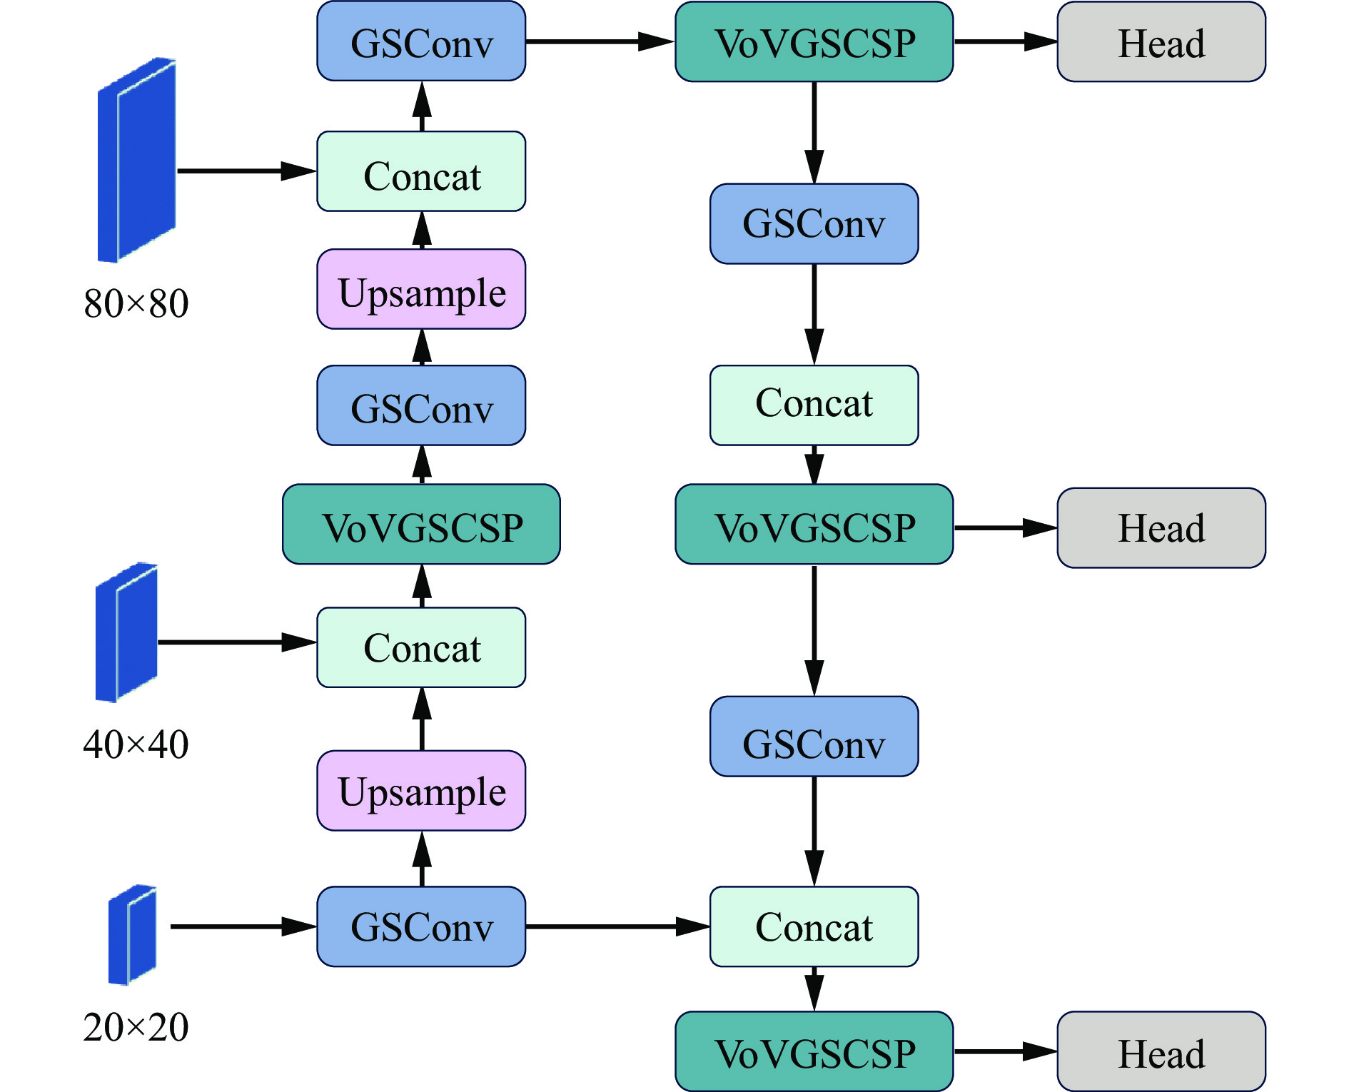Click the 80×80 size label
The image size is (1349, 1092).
136,303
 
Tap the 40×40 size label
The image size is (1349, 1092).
136,744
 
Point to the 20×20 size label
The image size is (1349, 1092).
136,1028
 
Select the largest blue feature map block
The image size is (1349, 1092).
136,161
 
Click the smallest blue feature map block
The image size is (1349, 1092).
132,935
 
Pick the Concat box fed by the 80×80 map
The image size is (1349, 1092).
421,171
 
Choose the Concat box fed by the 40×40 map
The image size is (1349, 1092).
421,647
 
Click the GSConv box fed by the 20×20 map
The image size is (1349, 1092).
421,926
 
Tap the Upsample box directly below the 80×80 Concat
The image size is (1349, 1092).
421,289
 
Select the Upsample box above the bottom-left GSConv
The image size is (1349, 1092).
421,791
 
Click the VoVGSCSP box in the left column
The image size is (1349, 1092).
421,525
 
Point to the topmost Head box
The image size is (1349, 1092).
1161,42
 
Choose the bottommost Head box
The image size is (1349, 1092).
1161,1051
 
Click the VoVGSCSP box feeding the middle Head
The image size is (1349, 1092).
814,525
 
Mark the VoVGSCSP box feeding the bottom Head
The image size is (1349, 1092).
814,1051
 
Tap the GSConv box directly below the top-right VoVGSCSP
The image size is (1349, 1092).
814,224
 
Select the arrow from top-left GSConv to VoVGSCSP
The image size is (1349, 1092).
600,41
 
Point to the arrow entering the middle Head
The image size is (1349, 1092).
1005,528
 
